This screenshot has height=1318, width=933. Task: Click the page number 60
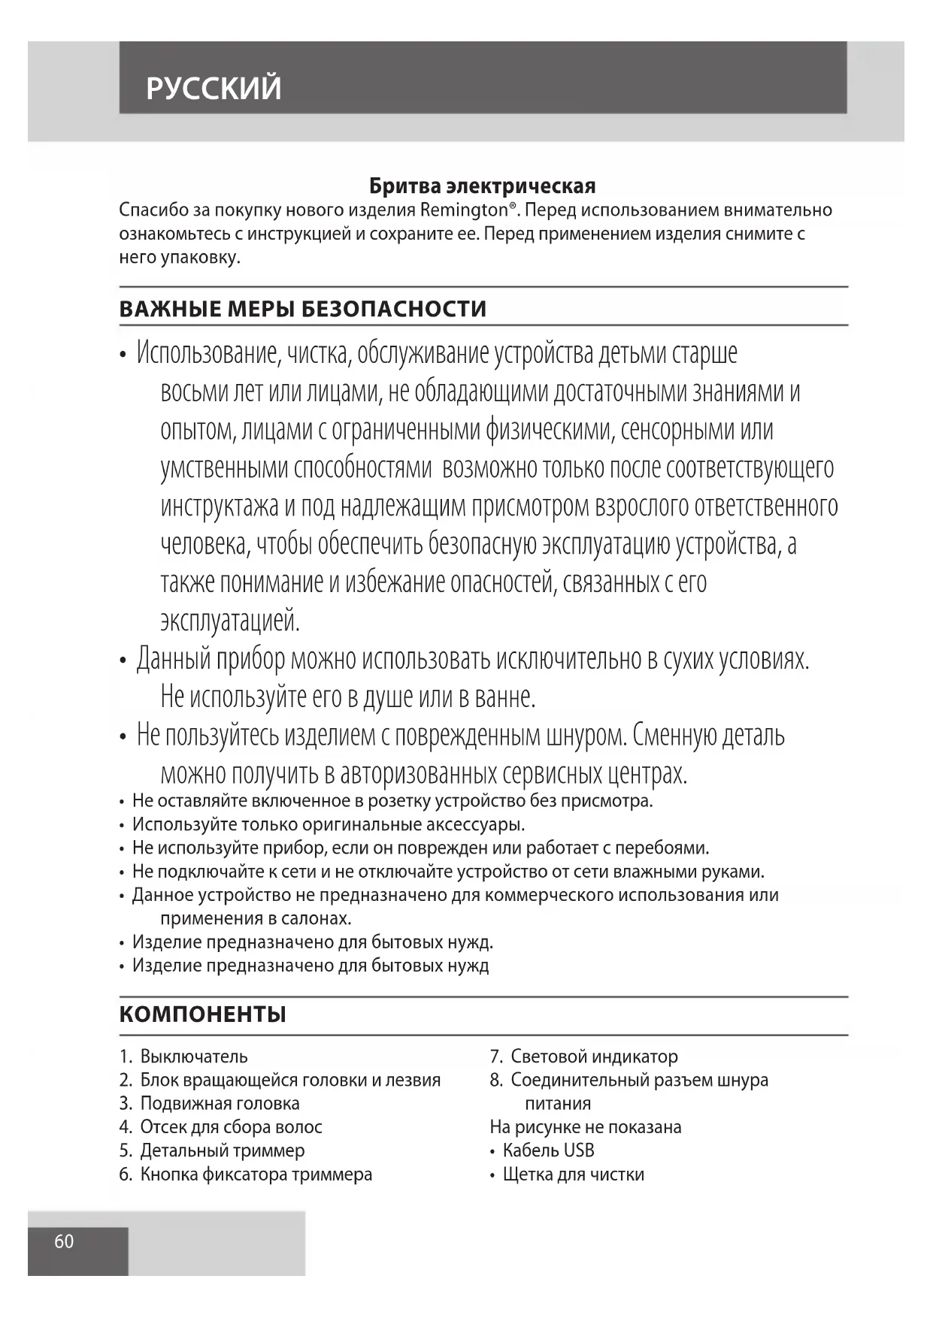point(64,1241)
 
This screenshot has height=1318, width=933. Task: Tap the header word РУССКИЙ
point(214,89)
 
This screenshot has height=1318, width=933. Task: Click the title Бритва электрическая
point(482,186)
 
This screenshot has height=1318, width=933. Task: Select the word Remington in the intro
point(463,210)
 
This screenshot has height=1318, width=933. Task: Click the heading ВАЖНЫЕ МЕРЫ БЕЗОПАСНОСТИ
point(302,309)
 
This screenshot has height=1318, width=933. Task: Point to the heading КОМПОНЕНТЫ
point(202,1014)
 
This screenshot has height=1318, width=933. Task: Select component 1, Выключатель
point(193,1057)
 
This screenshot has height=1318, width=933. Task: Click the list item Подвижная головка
point(220,1103)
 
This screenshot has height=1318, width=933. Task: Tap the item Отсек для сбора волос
point(231,1126)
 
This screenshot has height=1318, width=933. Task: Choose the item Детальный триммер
point(222,1150)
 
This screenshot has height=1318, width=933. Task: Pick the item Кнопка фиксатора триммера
point(256,1174)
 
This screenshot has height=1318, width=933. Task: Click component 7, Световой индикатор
point(593,1057)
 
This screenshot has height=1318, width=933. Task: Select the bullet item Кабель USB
point(548,1150)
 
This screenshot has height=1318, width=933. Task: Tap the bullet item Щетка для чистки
point(573,1174)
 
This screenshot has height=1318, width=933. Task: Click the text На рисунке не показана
point(585,1126)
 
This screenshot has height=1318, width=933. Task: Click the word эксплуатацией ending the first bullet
point(230,621)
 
